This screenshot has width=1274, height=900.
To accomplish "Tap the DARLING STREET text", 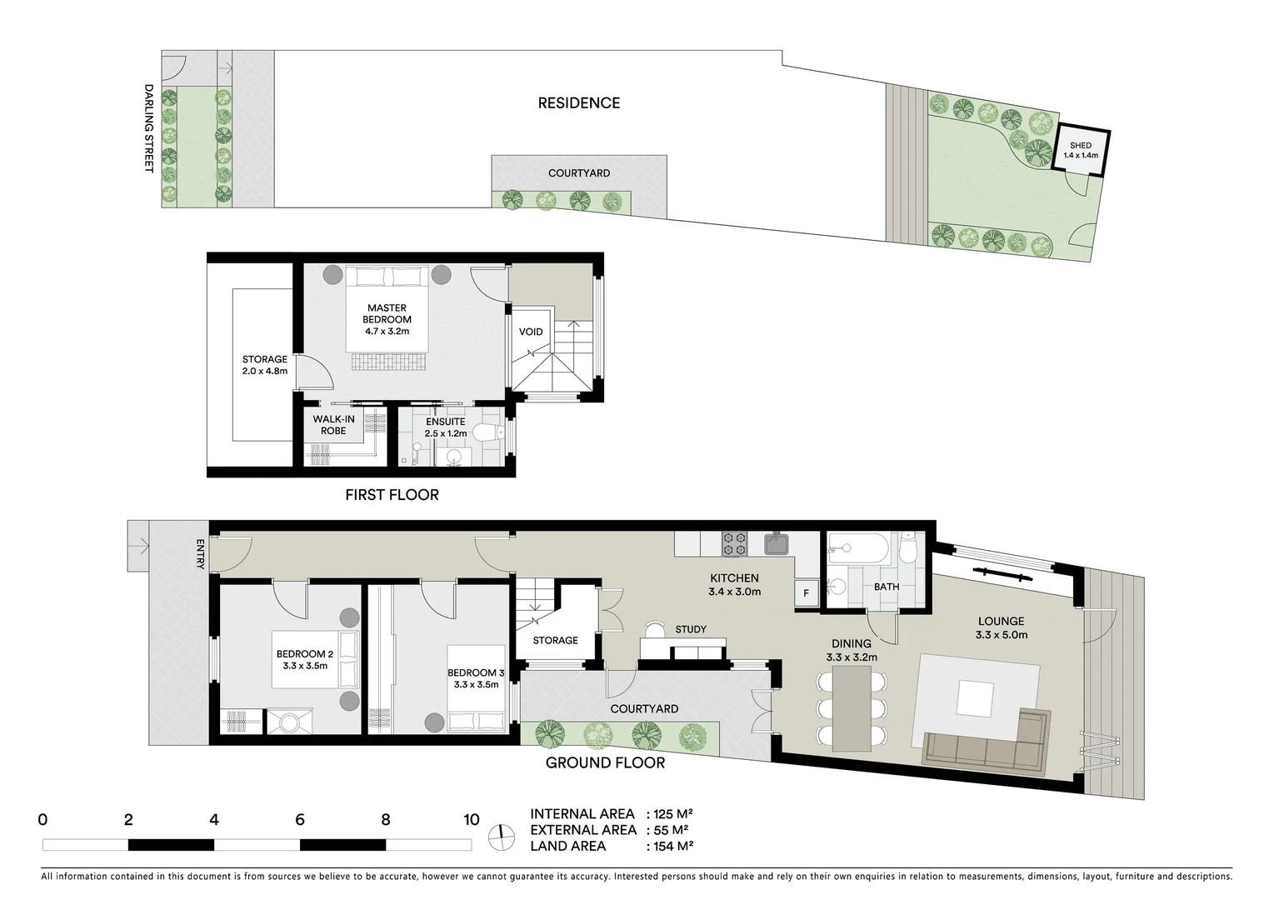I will tap(149, 127).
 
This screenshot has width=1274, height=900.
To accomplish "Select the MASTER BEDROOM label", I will tap(387, 319).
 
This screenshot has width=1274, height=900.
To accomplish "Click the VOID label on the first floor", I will tap(531, 332).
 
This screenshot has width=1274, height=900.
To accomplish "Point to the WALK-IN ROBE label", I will tap(333, 424).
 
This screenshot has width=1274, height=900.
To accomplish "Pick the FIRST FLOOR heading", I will tap(392, 495).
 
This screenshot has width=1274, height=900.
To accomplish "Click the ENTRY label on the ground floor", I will tap(200, 554).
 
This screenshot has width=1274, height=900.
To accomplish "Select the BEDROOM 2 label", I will tap(305, 659).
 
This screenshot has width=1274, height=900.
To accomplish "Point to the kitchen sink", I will tap(777, 543).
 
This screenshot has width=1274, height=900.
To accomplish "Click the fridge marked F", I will tap(806, 593).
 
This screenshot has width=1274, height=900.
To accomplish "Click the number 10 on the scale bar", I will tap(472, 819).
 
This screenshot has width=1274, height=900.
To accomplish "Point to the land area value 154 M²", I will tap(670, 846).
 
